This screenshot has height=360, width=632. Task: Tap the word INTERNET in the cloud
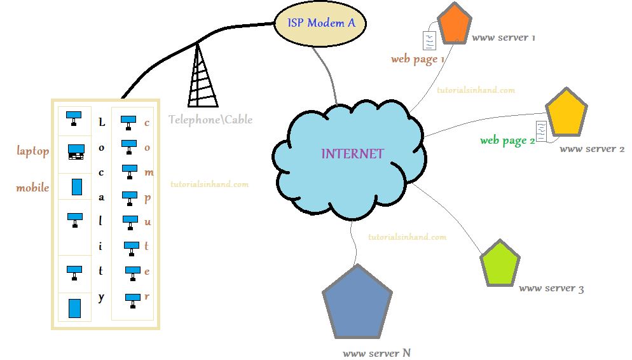click(352, 154)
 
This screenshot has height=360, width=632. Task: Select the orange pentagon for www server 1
click(455, 24)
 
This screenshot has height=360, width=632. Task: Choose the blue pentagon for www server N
click(357, 304)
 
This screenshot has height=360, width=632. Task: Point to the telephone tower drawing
click(203, 76)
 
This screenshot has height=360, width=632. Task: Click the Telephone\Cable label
click(210, 120)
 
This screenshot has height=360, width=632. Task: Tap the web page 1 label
click(417, 59)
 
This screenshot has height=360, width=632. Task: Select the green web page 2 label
click(507, 141)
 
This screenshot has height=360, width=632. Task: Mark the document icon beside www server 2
click(542, 130)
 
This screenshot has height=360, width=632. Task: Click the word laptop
click(32, 151)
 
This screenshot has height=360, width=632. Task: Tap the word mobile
click(32, 188)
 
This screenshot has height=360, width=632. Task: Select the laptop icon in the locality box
click(76, 152)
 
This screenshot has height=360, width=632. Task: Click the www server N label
click(371, 353)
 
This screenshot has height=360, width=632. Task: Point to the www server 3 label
click(551, 288)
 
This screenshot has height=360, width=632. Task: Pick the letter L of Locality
click(101, 122)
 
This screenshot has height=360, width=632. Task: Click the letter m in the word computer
click(148, 172)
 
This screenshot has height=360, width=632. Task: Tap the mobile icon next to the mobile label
click(76, 186)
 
